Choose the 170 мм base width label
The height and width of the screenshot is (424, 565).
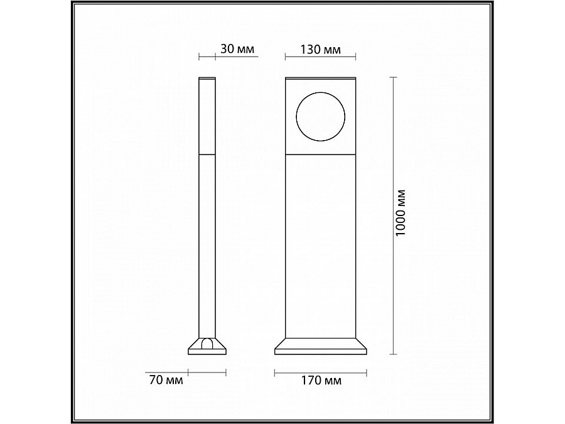click(321, 381)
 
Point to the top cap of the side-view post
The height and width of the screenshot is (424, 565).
click(208, 79)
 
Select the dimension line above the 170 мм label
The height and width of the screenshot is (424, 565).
click(320, 372)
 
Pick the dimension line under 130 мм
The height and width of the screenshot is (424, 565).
click(320, 58)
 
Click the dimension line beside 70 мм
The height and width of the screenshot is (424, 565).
click(207, 372)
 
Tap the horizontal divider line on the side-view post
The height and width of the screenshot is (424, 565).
click(208, 153)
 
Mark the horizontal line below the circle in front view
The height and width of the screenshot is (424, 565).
click(320, 153)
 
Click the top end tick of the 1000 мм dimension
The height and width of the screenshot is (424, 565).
click(394, 77)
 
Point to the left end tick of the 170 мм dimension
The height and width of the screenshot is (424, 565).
click(275, 372)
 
